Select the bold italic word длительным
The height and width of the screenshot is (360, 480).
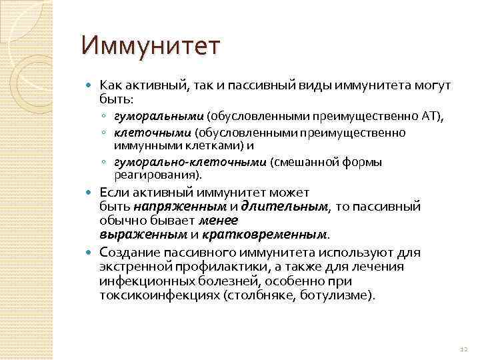(x=285, y=207)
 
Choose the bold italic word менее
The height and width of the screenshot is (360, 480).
(x=219, y=221)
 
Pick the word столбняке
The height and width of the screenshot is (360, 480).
(x=266, y=294)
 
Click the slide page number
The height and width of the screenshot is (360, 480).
(x=464, y=349)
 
